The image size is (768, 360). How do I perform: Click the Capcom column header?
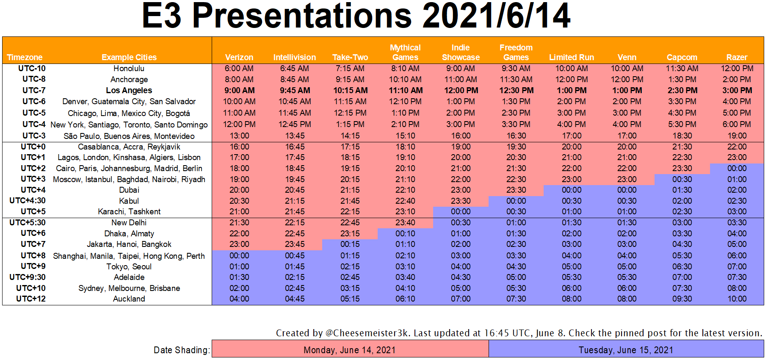click(x=682, y=57)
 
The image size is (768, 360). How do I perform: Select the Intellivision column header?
click(x=295, y=57)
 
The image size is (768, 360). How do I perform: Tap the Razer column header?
click(x=737, y=57)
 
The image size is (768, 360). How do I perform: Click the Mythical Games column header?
click(x=405, y=53)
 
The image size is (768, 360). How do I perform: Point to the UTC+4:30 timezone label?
click(x=28, y=201)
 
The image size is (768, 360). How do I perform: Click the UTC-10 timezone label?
click(x=32, y=68)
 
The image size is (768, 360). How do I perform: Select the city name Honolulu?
click(x=129, y=68)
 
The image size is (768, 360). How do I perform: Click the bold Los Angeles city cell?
click(x=129, y=90)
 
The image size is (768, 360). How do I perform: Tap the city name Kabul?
click(x=129, y=201)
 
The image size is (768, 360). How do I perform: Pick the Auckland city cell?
click(x=129, y=299)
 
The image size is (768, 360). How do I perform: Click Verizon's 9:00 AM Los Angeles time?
click(x=239, y=90)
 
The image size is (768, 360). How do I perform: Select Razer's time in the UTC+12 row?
click(x=737, y=299)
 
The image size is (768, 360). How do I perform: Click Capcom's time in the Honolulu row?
click(x=682, y=68)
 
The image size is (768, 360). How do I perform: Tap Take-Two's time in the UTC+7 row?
click(x=350, y=244)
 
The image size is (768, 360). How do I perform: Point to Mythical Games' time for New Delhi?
click(x=405, y=222)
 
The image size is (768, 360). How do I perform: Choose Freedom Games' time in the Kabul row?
click(x=516, y=201)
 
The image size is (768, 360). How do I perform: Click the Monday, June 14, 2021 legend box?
click(x=350, y=350)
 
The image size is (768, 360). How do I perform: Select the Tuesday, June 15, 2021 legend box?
click(x=626, y=350)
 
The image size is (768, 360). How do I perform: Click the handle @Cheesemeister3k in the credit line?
click(x=367, y=333)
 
